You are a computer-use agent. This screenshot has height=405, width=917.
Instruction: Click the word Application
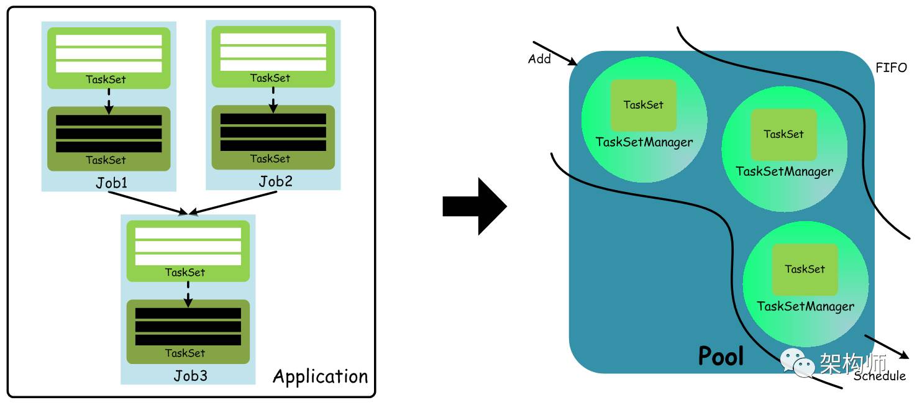pos(320,376)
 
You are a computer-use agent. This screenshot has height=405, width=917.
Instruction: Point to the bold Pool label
pos(721,356)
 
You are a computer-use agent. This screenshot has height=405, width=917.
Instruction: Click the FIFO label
pos(891,68)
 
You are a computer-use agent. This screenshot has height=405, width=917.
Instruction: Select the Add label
pos(539,59)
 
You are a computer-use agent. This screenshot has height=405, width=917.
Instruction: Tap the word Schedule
pos(880,376)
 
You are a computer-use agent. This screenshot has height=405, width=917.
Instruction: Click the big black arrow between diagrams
pos(475,206)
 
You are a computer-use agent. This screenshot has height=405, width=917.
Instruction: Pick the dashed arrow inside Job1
pos(109,101)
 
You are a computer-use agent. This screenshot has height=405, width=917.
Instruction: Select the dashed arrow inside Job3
pos(188,293)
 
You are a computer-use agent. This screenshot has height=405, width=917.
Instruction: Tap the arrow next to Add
pos(555,53)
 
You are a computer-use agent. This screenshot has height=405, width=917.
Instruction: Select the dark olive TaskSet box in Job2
pos(273,137)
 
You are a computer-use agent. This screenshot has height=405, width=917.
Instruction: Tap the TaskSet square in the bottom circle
pos(805,269)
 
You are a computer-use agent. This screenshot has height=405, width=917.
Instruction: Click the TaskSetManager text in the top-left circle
pos(644,142)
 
